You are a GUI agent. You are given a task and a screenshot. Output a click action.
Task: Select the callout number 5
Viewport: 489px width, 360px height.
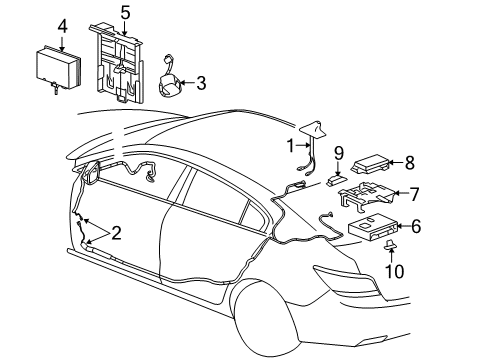125,13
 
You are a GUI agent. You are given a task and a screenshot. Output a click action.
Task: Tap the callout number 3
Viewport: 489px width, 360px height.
200,83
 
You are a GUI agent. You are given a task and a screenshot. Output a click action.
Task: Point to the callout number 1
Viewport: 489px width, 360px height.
292,145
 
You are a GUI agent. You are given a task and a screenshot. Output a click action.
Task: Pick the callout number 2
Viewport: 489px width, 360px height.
116,234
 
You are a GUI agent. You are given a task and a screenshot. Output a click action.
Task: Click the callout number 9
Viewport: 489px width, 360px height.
338,153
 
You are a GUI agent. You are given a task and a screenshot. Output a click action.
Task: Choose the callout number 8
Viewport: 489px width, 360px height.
408,160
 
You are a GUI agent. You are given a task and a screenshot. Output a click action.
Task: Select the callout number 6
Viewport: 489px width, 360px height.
415,227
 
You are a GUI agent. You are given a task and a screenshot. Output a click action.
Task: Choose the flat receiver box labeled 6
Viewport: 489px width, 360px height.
372,229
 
